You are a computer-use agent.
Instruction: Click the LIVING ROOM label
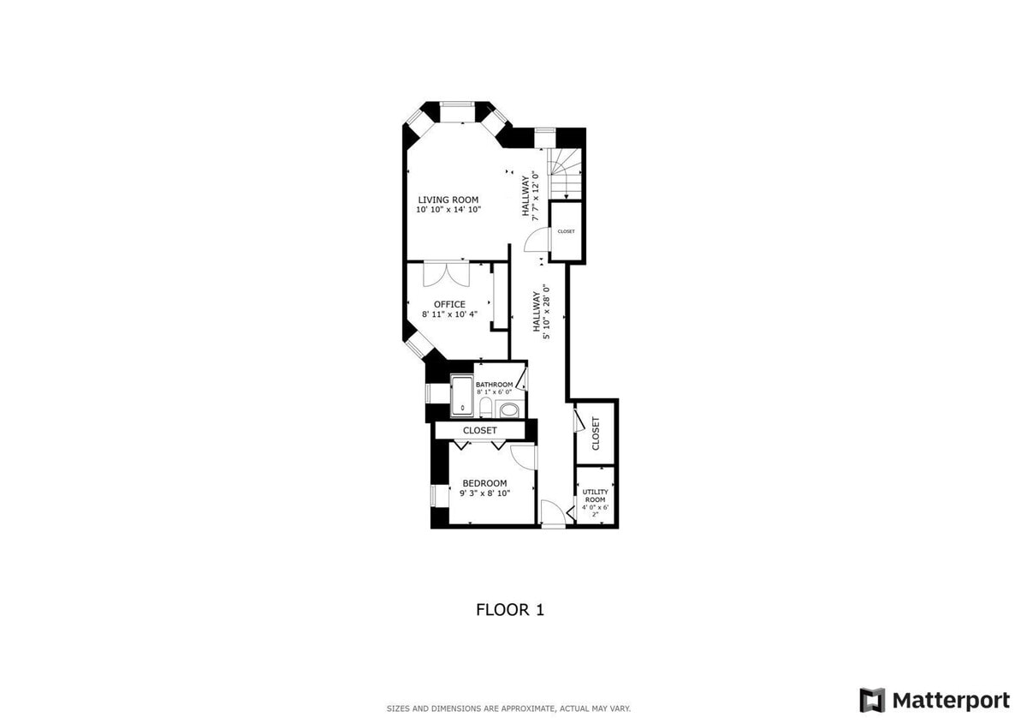(448, 200)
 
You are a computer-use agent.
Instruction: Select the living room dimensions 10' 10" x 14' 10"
(448, 210)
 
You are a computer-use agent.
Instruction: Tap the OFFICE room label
(449, 304)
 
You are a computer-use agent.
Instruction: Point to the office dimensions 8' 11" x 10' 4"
(449, 314)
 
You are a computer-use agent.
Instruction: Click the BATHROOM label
(494, 385)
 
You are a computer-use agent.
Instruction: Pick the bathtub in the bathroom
(462, 396)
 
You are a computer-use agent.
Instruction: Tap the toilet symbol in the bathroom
(485, 408)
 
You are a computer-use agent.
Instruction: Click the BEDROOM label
(484, 484)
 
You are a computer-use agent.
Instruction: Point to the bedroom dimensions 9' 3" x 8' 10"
(484, 493)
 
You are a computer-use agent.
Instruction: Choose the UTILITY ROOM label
(595, 496)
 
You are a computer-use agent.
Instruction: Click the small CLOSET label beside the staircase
(566, 231)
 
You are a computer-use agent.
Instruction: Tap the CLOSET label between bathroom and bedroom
(480, 430)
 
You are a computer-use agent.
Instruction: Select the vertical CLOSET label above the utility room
(595, 433)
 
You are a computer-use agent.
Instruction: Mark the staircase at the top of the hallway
(565, 173)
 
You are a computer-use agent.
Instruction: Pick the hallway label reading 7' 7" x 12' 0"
(530, 195)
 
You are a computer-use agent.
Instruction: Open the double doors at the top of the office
(446, 273)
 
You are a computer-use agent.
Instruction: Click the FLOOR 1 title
(510, 610)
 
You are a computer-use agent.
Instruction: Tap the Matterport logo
(935, 700)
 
